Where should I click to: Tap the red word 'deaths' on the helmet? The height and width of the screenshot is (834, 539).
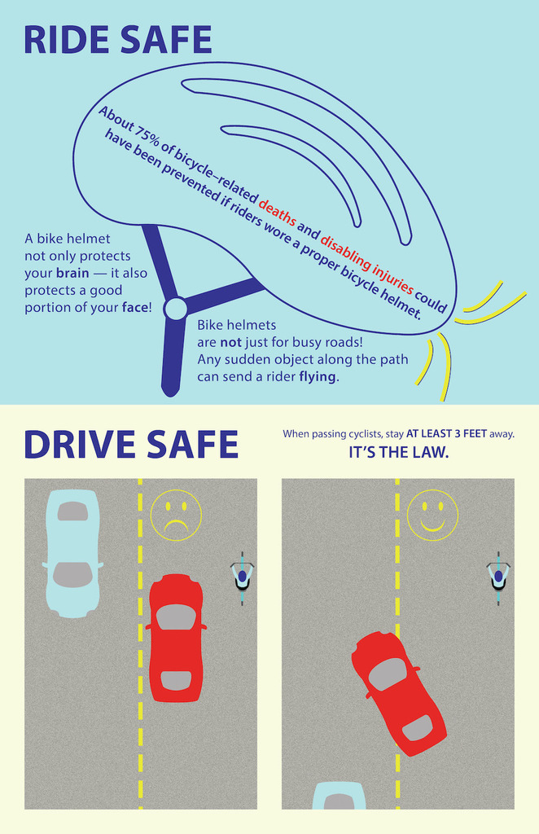pos(277,211)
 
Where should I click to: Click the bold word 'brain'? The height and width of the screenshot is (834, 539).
pos(72,273)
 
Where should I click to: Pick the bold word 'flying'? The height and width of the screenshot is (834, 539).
pos(318,376)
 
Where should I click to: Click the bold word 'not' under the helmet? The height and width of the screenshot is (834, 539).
pos(230,341)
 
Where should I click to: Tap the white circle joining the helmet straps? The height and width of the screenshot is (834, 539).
pos(175,309)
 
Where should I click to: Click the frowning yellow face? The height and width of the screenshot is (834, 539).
pos(176,515)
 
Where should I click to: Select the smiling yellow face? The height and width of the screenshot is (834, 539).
pos(432,515)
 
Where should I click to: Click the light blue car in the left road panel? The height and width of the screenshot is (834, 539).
pos(72,553)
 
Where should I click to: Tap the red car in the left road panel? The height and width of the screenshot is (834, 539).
pos(176,638)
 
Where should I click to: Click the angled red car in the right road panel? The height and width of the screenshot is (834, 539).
pos(399,692)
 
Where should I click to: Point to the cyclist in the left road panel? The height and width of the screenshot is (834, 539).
pos(243,578)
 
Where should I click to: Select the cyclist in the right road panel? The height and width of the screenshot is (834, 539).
pos(498,578)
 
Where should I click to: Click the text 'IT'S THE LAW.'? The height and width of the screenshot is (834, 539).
pos(399,453)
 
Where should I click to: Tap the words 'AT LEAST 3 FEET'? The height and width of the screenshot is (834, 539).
pos(446,433)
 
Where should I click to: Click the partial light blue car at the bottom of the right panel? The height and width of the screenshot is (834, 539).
pos(339,796)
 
